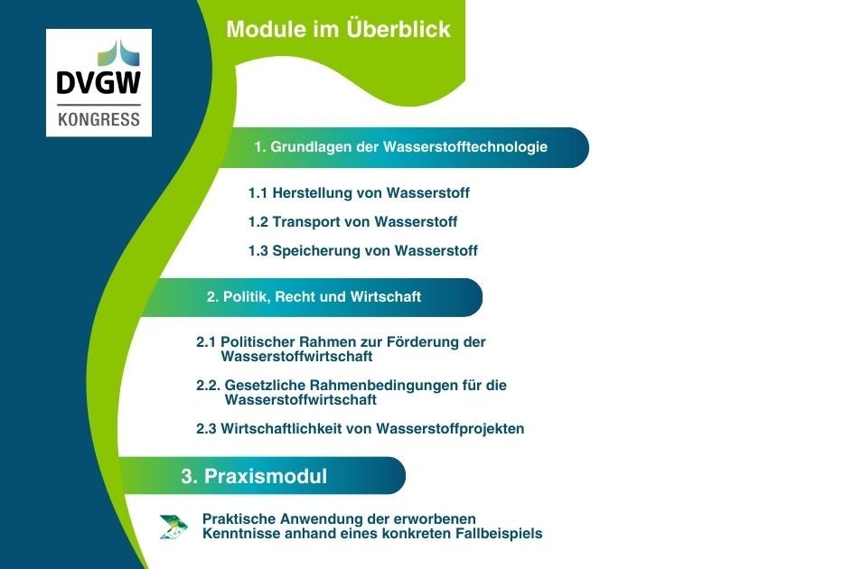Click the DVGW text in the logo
[x=98, y=83]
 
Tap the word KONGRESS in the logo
[x=98, y=119]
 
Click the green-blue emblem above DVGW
[x=118, y=52]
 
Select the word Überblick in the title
[x=398, y=29]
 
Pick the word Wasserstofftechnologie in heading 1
[x=465, y=147]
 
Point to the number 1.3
[x=258, y=251]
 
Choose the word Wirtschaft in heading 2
[x=386, y=297]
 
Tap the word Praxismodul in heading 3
[x=266, y=477]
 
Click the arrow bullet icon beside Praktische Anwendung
[x=173, y=527]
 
